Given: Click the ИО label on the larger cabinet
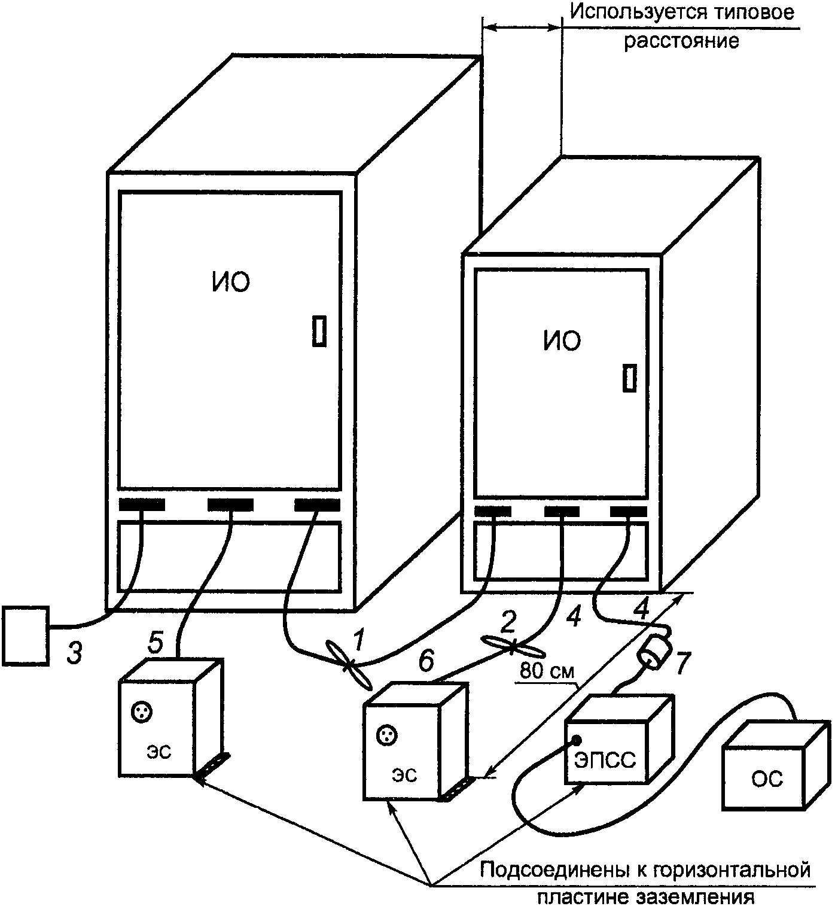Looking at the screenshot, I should point(230,282).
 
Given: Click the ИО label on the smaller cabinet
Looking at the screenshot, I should point(562,341).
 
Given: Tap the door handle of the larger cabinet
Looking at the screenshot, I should point(319,331).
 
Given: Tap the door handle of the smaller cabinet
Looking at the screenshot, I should point(629,378).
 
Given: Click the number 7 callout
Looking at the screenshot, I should point(682,662).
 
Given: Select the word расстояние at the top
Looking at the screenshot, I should point(682,41).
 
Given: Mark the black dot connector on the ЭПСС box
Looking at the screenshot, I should point(577,740).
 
